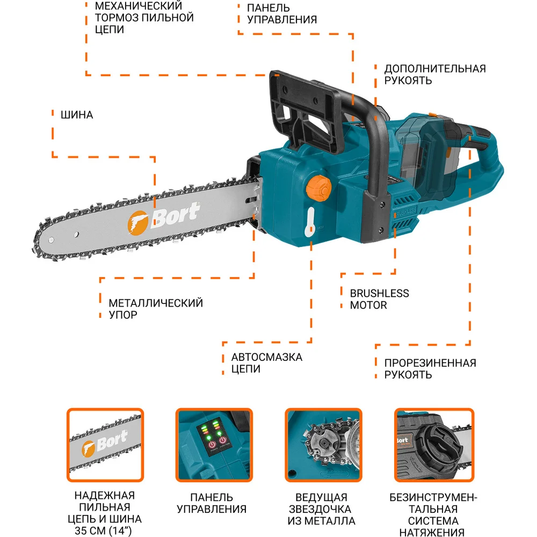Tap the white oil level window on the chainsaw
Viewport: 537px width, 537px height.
[x=310, y=222]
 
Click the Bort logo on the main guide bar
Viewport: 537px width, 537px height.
[x=164, y=218]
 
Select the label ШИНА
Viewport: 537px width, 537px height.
[x=77, y=115]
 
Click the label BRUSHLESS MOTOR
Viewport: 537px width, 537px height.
[x=379, y=299]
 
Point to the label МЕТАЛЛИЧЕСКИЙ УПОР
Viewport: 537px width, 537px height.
[x=156, y=309]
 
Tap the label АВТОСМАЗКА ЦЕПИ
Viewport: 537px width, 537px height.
[x=266, y=362]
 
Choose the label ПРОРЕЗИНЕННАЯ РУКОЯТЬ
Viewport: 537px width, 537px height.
[x=430, y=368]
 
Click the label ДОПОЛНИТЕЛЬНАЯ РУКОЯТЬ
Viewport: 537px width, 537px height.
[x=435, y=74]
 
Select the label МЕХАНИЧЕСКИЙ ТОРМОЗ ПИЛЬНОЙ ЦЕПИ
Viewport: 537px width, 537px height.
[x=144, y=18]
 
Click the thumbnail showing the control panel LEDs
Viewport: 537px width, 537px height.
[x=214, y=445]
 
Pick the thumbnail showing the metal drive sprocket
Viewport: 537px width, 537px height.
[x=323, y=445]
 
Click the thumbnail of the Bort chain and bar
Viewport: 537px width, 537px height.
[x=105, y=445]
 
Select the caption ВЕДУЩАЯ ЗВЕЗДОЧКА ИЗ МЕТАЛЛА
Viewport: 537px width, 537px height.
[x=322, y=509]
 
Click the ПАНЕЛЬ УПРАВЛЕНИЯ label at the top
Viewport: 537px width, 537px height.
[x=282, y=14]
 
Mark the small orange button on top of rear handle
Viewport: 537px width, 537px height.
[x=432, y=115]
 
